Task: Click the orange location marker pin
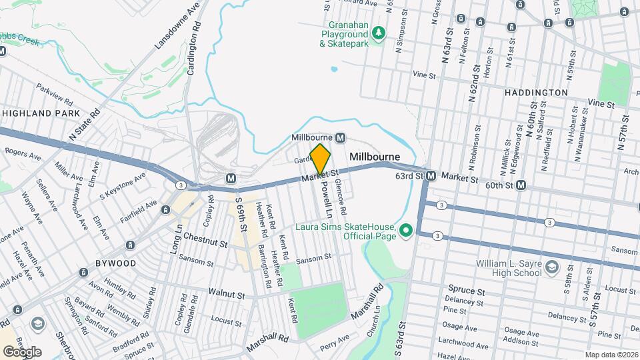[x=321, y=159]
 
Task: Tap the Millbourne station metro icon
[x=341, y=137]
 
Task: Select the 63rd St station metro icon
[x=431, y=176]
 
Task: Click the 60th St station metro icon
[x=521, y=184]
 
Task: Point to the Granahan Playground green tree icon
[x=379, y=32]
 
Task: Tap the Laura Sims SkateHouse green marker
[x=405, y=231]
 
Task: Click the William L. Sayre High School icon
[x=551, y=267]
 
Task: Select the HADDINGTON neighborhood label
[x=536, y=93]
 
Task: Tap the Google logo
[x=22, y=351]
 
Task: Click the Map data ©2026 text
[x=611, y=354]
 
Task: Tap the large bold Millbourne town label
[x=375, y=157]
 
